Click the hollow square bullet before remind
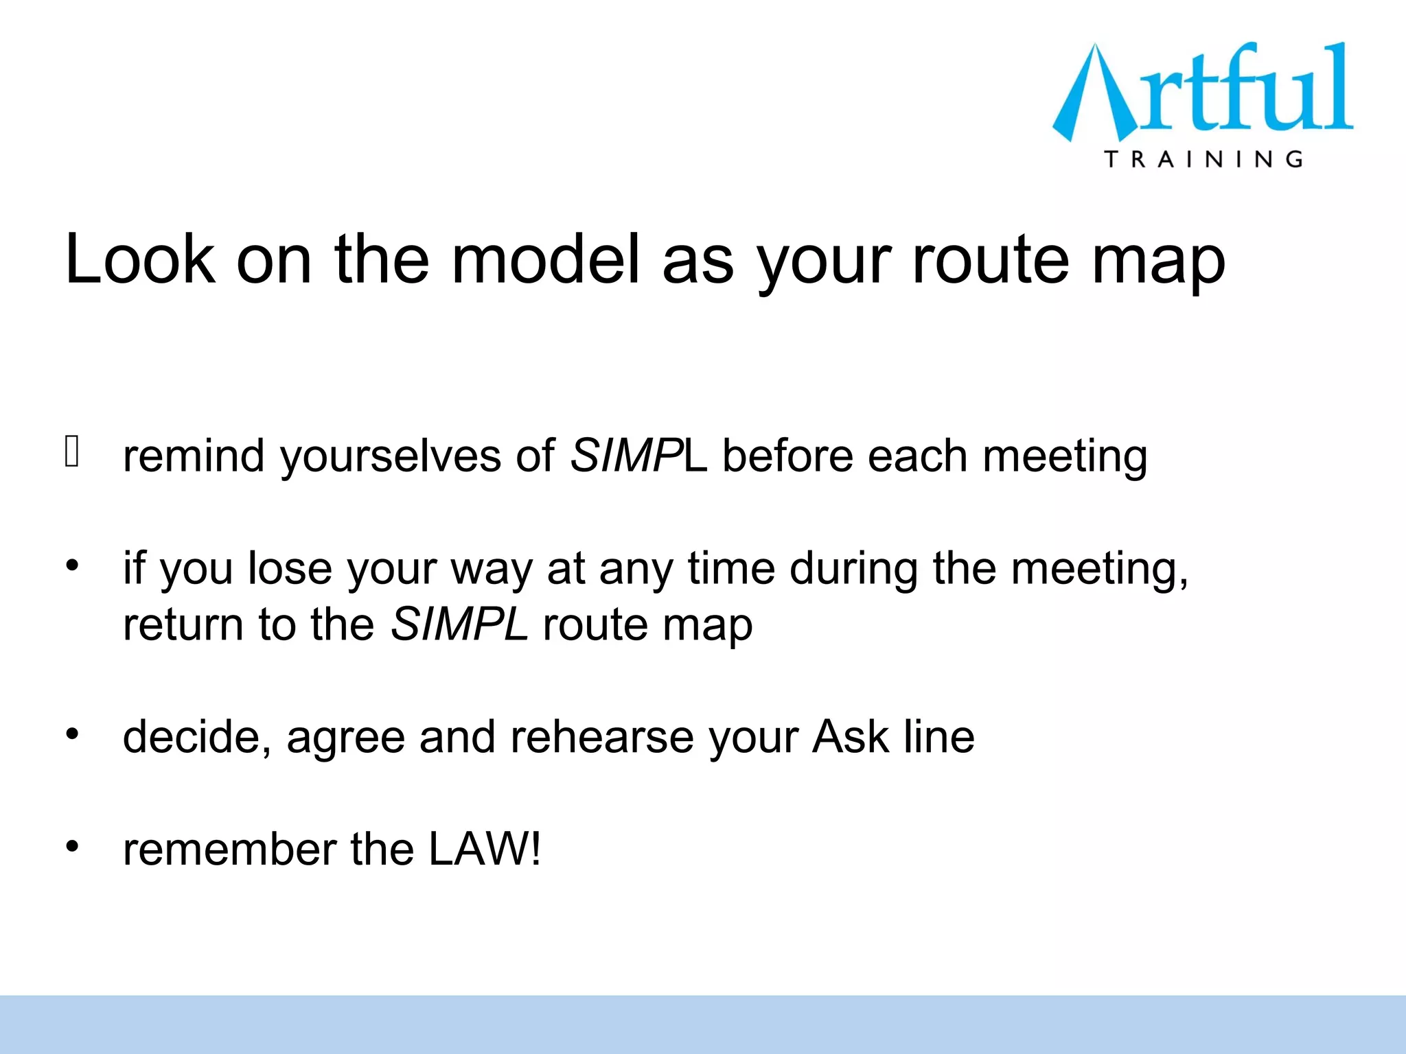point(72,452)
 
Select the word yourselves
point(391,456)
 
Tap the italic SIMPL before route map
point(459,624)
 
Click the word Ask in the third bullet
point(851,737)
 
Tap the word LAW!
point(484,850)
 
